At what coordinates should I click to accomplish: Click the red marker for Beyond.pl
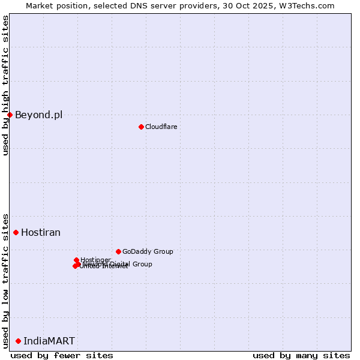[x=10, y=115]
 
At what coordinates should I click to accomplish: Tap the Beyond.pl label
[x=38, y=115]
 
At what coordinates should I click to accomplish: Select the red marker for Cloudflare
[x=141, y=127]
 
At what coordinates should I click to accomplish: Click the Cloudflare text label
[x=161, y=127]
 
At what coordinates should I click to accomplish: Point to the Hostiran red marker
[x=16, y=232]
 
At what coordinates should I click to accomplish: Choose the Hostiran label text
[x=41, y=233]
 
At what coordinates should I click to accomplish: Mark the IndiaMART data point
[x=18, y=341]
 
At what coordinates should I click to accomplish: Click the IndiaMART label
[x=49, y=341]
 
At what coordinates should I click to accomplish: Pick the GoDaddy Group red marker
[x=118, y=251]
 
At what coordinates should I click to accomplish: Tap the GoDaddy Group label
[x=148, y=251]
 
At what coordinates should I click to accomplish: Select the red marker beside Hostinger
[x=76, y=260]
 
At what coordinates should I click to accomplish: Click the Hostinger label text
[x=96, y=260]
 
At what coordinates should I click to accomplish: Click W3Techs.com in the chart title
[x=310, y=5]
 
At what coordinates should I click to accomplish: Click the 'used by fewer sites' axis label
[x=62, y=355]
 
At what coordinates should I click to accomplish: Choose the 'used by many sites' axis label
[x=301, y=355]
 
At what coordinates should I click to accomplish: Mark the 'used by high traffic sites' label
[x=5, y=85]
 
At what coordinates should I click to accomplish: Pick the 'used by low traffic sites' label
[x=5, y=280]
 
